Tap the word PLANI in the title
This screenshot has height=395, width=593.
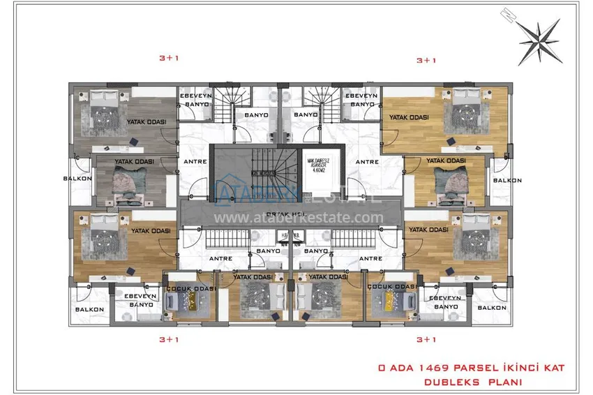[x=504, y=382]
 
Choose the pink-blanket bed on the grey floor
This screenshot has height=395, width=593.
[x=130, y=182]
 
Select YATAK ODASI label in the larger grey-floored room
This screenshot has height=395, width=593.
[x=145, y=123]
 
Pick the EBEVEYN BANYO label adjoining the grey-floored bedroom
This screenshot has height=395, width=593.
[x=191, y=99]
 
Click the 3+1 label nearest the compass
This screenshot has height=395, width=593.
[x=426, y=61]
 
